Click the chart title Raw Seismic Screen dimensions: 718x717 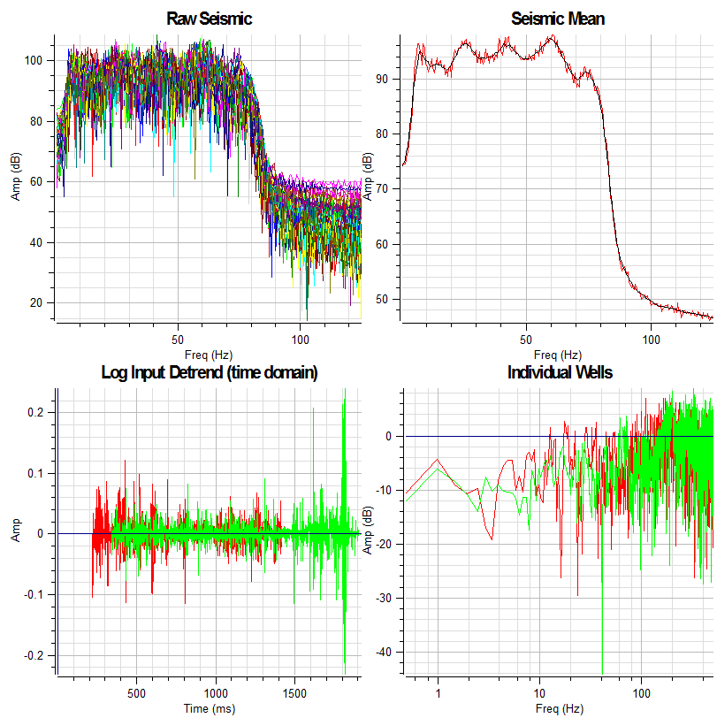(x=210, y=19)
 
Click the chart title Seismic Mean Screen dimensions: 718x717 (x=558, y=19)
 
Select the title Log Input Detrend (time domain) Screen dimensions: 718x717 (x=210, y=372)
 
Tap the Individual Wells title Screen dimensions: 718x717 (x=560, y=372)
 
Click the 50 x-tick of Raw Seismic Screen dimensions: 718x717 (x=178, y=340)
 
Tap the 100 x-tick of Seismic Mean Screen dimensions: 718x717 (x=652, y=340)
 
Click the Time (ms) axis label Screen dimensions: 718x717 (x=210, y=708)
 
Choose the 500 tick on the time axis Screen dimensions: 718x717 (x=137, y=694)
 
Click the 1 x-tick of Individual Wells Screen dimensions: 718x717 (x=438, y=694)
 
